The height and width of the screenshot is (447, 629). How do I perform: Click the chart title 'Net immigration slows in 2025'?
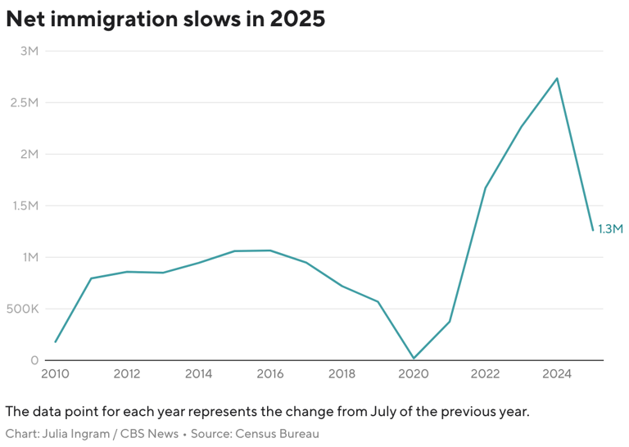pos(165,20)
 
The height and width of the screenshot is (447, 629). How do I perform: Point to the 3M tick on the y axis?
pos(29,51)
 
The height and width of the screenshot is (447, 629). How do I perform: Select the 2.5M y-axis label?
pos(25,102)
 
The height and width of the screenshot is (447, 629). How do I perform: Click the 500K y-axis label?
pos(23,309)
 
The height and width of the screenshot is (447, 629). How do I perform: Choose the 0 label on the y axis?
pos(34,360)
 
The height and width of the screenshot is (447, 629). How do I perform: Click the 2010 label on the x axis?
pos(55,374)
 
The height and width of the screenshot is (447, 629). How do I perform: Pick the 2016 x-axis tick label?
pos(270,374)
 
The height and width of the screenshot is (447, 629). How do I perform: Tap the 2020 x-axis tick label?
pos(414,374)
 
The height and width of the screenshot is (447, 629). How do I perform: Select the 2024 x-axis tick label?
pos(557,374)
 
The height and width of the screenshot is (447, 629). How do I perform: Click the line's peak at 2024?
pos(557,79)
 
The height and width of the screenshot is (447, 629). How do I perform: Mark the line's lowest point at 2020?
pos(414,359)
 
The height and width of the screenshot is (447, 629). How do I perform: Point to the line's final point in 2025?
pos(593,230)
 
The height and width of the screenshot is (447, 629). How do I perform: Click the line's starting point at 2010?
pos(56,342)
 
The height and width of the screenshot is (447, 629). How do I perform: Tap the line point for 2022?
pos(486,187)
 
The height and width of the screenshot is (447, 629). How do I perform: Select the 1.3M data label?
pos(611,229)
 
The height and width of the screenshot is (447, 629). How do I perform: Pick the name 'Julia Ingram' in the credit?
pos(73,434)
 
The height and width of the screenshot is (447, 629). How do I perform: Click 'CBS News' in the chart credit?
pos(152,434)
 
